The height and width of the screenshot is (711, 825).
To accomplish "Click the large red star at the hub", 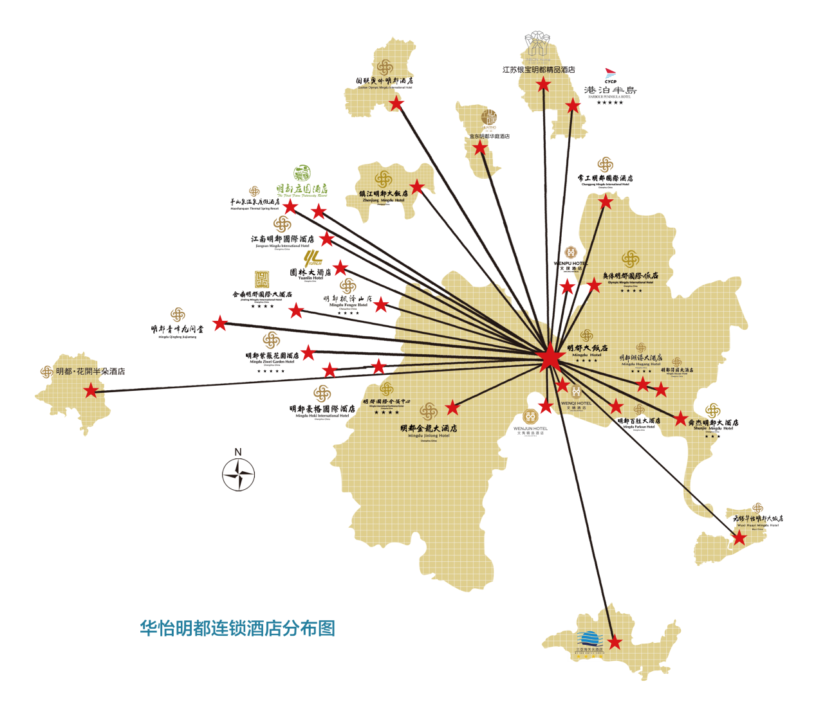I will point(550,357).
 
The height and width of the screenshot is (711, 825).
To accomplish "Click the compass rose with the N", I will point(239,474).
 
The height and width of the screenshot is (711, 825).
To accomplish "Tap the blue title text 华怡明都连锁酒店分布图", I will point(237,628).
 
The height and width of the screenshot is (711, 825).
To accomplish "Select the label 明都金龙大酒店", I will point(429,428).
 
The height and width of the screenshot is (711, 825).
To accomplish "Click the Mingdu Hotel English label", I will point(587,355).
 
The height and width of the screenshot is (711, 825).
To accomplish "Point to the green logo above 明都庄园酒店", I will point(302,173).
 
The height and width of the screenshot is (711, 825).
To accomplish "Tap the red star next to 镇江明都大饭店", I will point(417,188).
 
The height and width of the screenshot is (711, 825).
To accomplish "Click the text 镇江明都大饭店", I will point(384,194).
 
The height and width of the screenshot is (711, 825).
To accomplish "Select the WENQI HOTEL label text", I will point(576,404).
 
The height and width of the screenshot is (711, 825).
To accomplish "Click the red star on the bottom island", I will point(615,642).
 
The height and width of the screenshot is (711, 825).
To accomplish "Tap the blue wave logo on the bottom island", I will point(588,638).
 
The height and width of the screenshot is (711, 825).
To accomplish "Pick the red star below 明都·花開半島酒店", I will point(91,390).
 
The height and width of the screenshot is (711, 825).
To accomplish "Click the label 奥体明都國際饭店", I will point(630,275).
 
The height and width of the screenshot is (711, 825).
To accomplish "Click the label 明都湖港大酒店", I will point(640,357).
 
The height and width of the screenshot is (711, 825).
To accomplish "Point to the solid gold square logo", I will point(262,279).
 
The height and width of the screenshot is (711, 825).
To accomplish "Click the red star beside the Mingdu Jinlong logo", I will point(452,408).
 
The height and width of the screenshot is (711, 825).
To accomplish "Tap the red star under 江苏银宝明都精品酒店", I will point(544,84).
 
